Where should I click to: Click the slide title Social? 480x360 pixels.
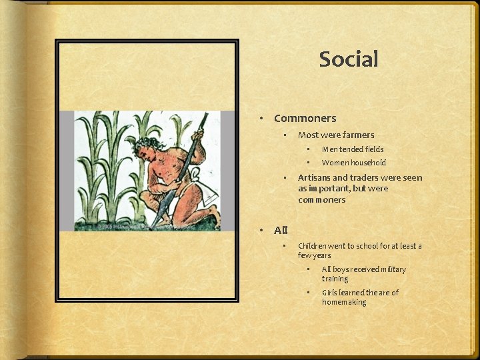point(349,59)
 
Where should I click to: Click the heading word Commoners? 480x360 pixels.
point(305,119)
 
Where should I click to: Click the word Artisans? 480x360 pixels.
point(313,178)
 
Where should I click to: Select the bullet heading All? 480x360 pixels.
point(281,231)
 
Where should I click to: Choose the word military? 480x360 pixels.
point(389,269)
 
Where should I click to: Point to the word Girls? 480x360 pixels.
point(330,293)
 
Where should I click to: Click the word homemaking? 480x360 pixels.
point(344,302)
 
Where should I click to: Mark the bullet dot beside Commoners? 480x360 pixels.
point(262,119)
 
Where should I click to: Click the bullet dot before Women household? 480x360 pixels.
point(309,163)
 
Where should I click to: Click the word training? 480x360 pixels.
point(335,279)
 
